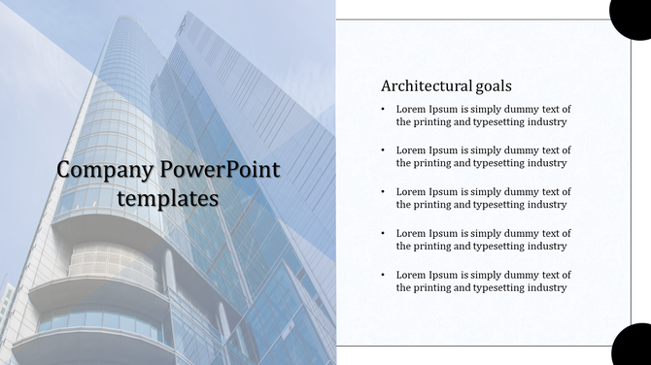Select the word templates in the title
click(x=167, y=198)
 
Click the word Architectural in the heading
click(x=425, y=85)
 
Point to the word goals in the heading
click(x=492, y=85)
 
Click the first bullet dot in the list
click(x=383, y=109)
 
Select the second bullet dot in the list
click(x=383, y=150)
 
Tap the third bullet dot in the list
click(x=383, y=192)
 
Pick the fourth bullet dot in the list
click(x=383, y=233)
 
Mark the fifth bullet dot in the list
click(x=383, y=275)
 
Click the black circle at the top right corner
click(x=632, y=15)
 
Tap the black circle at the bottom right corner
click(x=632, y=347)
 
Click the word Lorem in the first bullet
click(x=410, y=109)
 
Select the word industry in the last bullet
click(x=546, y=287)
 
